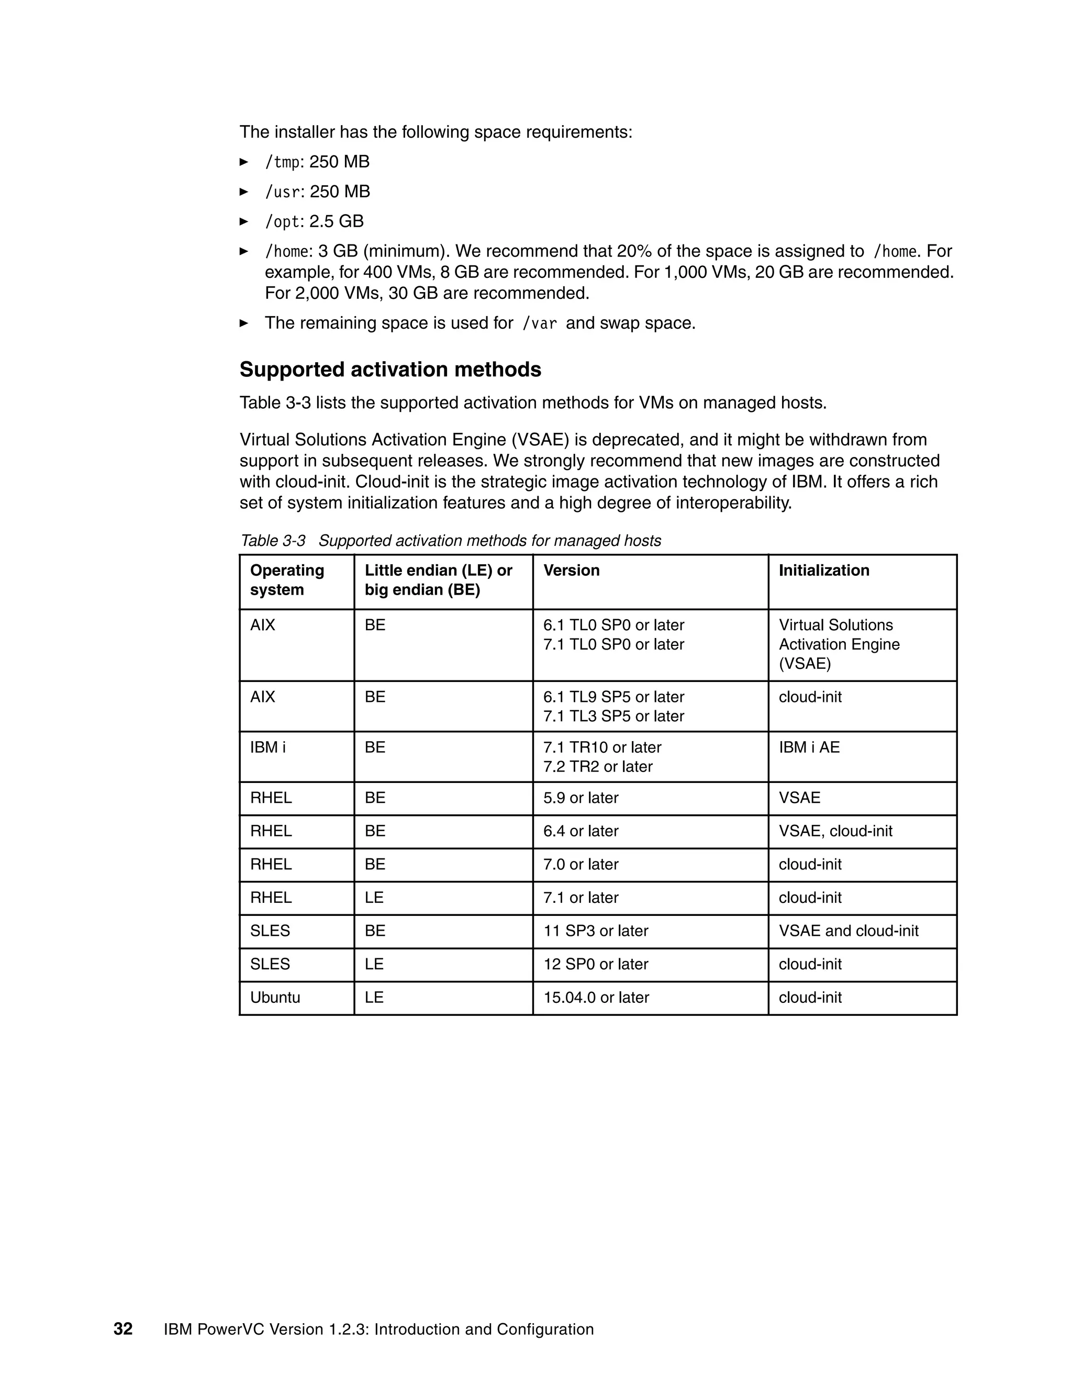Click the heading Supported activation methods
point(390,370)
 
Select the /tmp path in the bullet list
point(282,163)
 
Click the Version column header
point(571,571)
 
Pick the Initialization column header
point(824,571)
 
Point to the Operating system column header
point(286,580)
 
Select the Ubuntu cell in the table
point(275,997)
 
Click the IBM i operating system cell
point(267,747)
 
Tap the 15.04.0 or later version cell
point(596,997)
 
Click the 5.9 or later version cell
point(580,798)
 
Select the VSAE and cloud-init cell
point(848,931)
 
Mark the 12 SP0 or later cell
point(595,964)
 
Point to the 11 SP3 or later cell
point(595,931)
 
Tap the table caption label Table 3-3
point(273,541)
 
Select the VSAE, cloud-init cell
point(835,831)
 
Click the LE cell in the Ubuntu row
point(374,997)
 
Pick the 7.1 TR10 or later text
point(602,747)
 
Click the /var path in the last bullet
point(539,324)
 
